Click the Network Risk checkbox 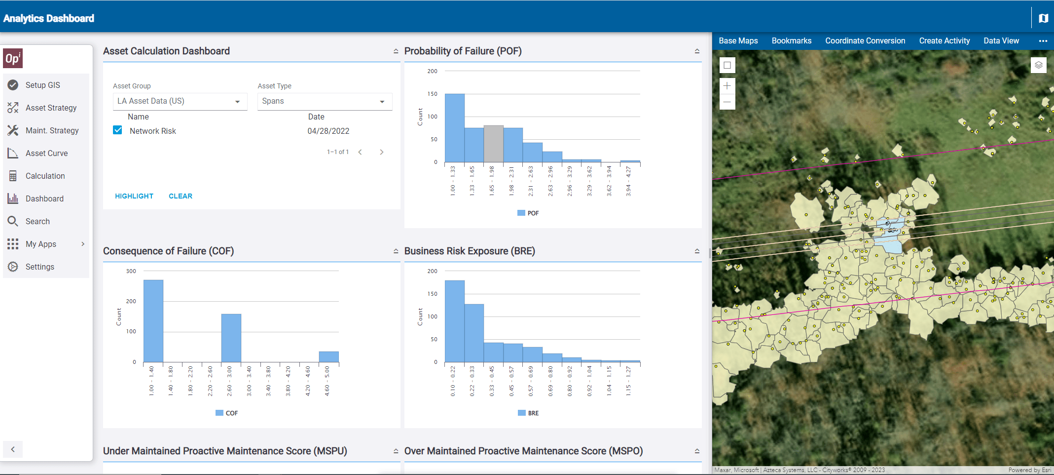coord(117,130)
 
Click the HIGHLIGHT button coord(134,196)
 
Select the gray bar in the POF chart coord(493,144)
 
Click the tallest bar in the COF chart coord(153,321)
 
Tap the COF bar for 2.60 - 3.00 coord(231,338)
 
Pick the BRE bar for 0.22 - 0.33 coord(474,333)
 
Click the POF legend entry coord(528,213)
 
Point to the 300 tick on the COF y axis coord(131,271)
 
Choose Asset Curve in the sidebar coord(46,153)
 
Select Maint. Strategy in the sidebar coord(52,130)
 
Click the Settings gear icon coord(13,267)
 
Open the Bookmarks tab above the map coord(791,41)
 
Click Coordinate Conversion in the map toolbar coord(865,41)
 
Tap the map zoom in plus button coord(727,86)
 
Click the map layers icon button coord(1038,65)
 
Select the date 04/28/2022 coord(328,131)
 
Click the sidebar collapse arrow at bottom coord(13,449)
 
